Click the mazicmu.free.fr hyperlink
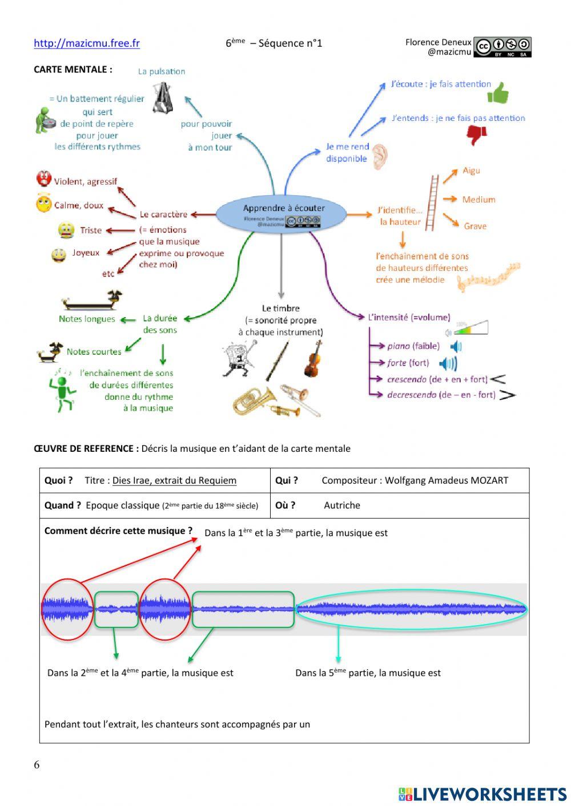pyautogui.click(x=87, y=43)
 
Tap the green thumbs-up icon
pyautogui.click(x=498, y=92)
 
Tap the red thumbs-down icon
pyautogui.click(x=477, y=135)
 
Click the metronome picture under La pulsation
pyautogui.click(x=162, y=97)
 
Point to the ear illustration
pyautogui.click(x=380, y=156)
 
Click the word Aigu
pyautogui.click(x=471, y=171)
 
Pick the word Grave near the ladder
pyautogui.click(x=475, y=226)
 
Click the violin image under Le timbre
pyautogui.click(x=312, y=359)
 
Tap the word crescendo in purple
pyautogui.click(x=407, y=379)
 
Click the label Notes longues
pyautogui.click(x=87, y=319)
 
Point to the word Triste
pyautogui.click(x=91, y=230)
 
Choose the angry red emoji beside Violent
pyautogui.click(x=43, y=179)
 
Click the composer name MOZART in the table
pyautogui.click(x=489, y=480)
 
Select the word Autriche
pyautogui.click(x=342, y=505)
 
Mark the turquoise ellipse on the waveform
pyautogui.click(x=411, y=609)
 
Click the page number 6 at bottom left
pyautogui.click(x=37, y=765)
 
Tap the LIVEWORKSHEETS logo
pyautogui.click(x=482, y=794)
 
